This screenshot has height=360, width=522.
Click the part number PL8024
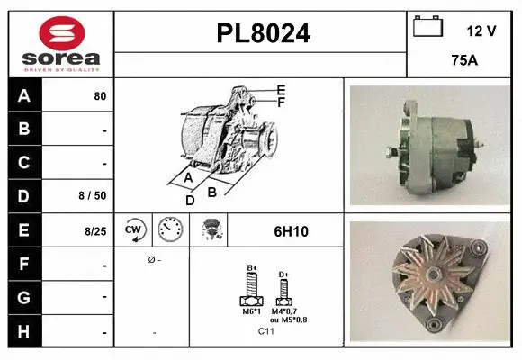[x=263, y=34]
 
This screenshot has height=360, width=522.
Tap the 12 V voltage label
[x=481, y=31]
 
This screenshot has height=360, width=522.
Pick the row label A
[x=23, y=94]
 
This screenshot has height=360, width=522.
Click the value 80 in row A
[x=100, y=95]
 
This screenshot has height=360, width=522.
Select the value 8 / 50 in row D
[x=94, y=194]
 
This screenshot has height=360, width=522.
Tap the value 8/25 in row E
[x=95, y=231]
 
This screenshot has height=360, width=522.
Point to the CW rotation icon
[x=134, y=230]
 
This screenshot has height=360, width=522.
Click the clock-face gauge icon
[x=170, y=230]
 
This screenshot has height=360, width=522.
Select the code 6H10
[x=291, y=231]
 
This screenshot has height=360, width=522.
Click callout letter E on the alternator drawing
[x=282, y=90]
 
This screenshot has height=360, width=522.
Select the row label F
[x=23, y=265]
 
